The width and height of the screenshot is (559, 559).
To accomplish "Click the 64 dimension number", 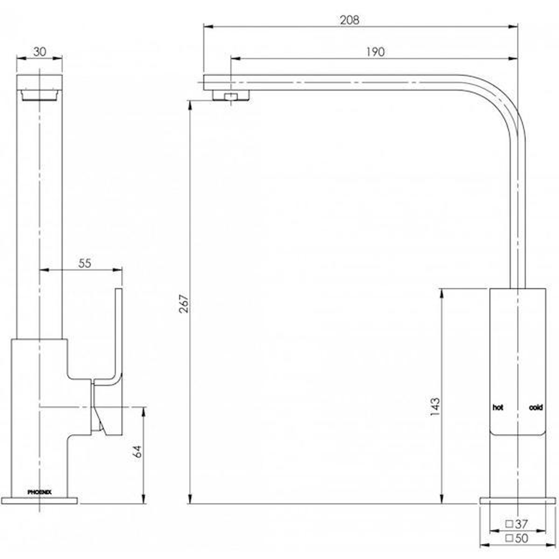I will click(137, 451).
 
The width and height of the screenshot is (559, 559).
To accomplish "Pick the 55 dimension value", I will click(85, 263).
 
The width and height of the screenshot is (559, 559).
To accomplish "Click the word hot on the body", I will click(497, 408).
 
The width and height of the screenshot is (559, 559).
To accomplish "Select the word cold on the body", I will click(536, 408).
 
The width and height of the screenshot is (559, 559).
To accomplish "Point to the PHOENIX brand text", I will click(39, 492).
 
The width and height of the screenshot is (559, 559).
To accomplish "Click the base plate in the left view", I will click(39, 501).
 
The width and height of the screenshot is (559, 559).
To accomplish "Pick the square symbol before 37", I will click(509, 524).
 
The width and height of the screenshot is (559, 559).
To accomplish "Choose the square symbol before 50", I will click(509, 538).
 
